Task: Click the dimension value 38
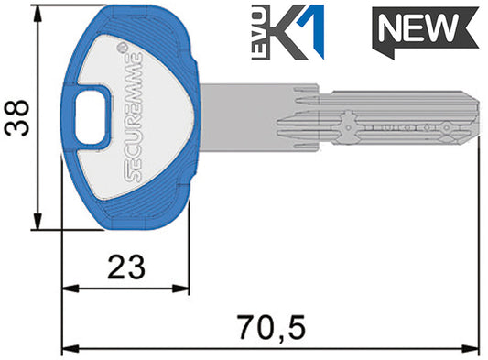pos(16,118)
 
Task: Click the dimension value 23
pos(126,267)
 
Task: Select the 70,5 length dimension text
pos(270,328)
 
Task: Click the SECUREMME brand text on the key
pos(135,117)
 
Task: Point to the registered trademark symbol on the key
pos(123,48)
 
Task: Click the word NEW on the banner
pos(418,27)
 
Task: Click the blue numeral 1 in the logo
pos(312,32)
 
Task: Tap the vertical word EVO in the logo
pos(259,32)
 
